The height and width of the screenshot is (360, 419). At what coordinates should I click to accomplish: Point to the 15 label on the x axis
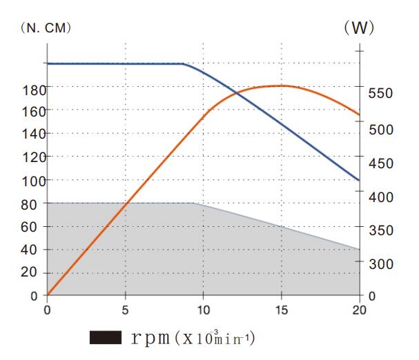281,309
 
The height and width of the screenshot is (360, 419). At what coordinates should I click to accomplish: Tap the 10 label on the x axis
203,309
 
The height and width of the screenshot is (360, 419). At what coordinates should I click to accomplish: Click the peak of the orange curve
281,86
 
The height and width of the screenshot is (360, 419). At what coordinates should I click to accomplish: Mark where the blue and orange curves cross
236,93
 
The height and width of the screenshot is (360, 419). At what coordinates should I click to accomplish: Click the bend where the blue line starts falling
184,64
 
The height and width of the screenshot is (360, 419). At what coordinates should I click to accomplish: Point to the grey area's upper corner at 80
193,203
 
